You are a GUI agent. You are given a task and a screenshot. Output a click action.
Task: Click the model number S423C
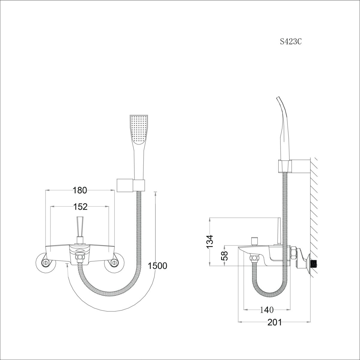(291, 42)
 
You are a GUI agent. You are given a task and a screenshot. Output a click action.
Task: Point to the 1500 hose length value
(157, 266)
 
